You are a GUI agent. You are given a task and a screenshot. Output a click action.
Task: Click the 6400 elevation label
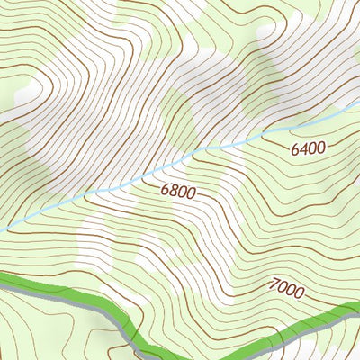pyautogui.click(x=308, y=148)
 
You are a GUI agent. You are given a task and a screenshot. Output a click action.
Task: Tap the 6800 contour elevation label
pyautogui.click(x=178, y=191)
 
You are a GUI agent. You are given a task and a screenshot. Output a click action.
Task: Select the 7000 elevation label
pyautogui.click(x=286, y=289)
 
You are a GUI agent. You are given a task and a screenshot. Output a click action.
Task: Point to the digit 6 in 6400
pyautogui.click(x=295, y=151)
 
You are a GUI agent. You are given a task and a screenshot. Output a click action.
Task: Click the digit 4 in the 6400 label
pyautogui.click(x=303, y=149)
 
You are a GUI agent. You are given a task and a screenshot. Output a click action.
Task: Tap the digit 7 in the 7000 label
pyautogui.click(x=273, y=286)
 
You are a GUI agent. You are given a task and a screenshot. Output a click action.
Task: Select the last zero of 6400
pyautogui.click(x=320, y=146)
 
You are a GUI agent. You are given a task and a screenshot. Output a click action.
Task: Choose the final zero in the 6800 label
pyautogui.click(x=191, y=193)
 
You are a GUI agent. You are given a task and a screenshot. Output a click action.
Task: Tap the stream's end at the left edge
pyautogui.click(x=2, y=229)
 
